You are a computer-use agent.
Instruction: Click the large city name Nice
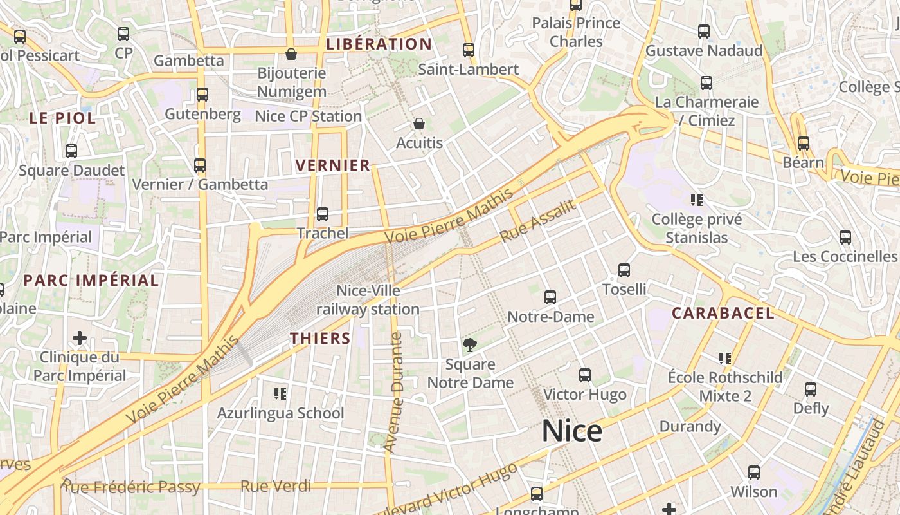[572, 431]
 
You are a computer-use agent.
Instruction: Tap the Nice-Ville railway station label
[368, 300]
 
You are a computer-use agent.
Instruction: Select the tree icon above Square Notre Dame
[470, 345]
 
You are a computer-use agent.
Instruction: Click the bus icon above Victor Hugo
[584, 375]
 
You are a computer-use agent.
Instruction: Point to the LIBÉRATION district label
[379, 44]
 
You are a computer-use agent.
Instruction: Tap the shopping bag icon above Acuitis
[419, 124]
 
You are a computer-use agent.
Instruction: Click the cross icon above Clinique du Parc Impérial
[80, 338]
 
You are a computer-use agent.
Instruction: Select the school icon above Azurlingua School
[280, 393]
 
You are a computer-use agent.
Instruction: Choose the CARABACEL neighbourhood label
[723, 314]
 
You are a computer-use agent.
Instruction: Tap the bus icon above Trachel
[323, 214]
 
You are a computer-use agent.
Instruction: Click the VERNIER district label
[333, 165]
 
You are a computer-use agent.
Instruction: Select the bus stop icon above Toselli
[624, 270]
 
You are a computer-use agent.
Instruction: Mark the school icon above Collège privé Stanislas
[696, 200]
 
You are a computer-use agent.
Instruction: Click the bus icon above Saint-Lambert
[469, 50]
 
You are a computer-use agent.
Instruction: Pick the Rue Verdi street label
[276, 486]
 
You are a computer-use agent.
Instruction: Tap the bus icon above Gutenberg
[203, 95]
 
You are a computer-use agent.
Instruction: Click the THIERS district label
[320, 339]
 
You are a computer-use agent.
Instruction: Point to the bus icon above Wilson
[754, 473]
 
